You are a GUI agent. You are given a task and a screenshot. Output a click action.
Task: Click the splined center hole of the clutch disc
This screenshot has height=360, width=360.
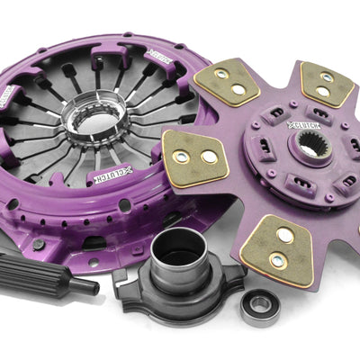click(310, 148)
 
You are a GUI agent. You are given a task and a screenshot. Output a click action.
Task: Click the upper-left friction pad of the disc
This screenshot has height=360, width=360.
click(226, 83)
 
